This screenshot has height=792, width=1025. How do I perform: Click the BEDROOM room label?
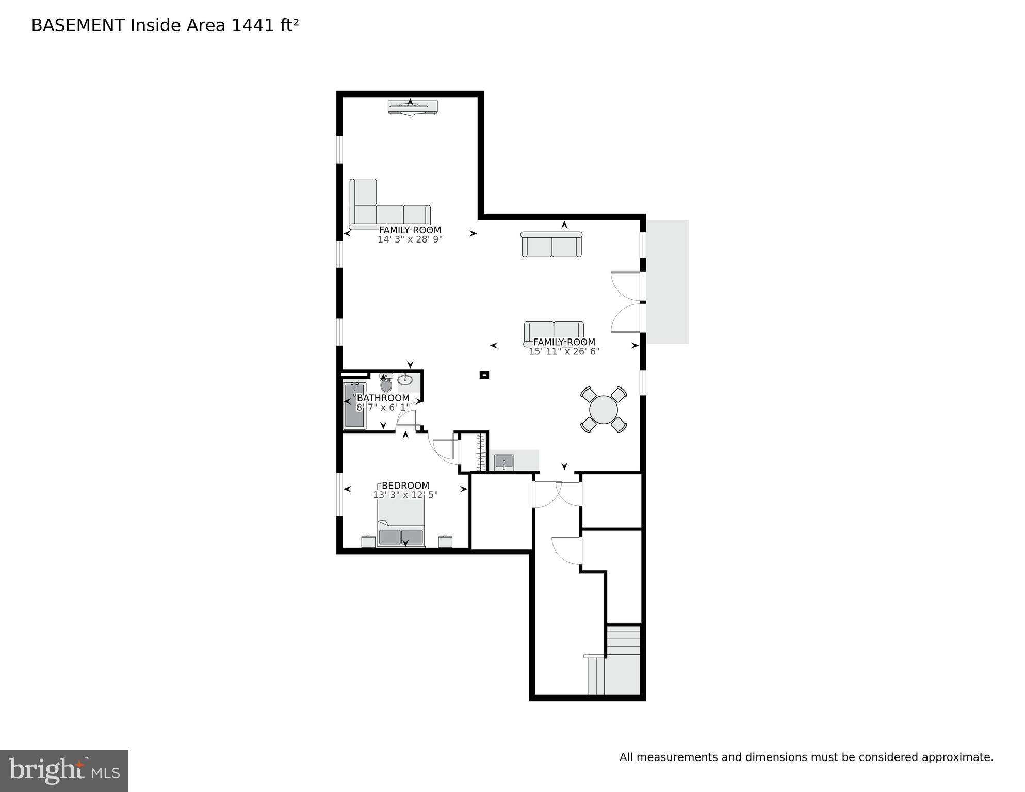point(405,486)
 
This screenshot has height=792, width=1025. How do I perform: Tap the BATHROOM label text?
point(383,398)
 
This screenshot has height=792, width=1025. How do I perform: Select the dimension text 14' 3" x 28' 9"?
point(410,239)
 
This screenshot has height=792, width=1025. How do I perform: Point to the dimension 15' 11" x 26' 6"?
point(564,351)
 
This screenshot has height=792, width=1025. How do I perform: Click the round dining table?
point(603,410)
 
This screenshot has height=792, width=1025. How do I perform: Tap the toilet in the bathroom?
point(386,384)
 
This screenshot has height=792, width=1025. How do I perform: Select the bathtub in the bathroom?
point(355,406)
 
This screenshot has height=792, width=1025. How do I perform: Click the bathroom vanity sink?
point(405,380)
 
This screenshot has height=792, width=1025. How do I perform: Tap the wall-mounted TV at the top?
point(413,107)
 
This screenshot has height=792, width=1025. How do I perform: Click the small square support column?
point(484,375)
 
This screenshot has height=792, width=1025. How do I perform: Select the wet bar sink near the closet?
point(504,461)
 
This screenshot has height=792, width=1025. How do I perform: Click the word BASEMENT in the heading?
point(78,25)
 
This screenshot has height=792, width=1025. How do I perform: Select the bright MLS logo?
point(64,770)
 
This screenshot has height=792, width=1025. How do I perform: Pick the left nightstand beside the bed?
point(368,542)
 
